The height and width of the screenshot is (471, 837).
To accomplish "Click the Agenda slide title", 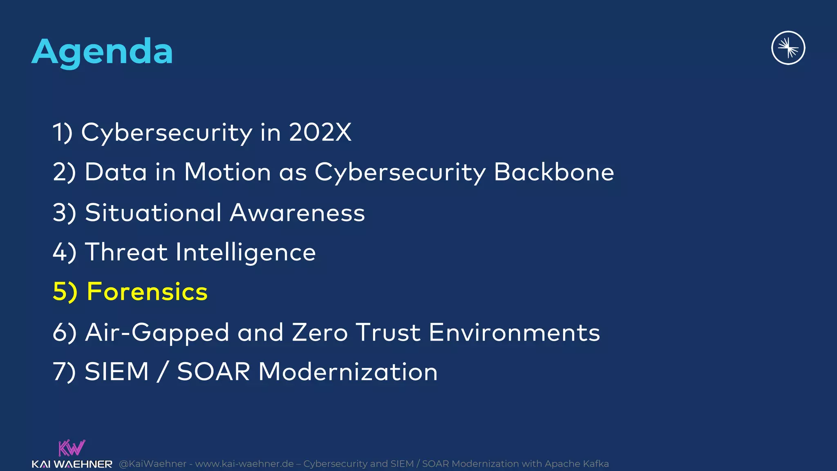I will click(102, 52).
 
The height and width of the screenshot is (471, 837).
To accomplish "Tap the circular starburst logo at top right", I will click(788, 48).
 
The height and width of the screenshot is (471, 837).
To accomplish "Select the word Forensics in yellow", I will click(147, 292).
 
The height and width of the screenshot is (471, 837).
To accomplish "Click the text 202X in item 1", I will click(320, 132).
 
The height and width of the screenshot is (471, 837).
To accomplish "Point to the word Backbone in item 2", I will click(554, 172).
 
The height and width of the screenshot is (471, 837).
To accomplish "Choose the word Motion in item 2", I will click(228, 172).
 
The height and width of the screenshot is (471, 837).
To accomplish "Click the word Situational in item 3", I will click(153, 213).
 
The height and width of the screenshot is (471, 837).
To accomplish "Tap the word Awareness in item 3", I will click(298, 213).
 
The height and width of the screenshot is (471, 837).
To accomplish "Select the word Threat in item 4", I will click(126, 252).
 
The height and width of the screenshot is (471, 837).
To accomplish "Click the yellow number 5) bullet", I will click(65, 292).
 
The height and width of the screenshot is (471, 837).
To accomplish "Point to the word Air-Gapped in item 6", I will click(157, 333).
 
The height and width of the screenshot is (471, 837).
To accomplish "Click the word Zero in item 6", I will click(320, 332).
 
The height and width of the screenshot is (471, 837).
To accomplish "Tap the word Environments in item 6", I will click(515, 332).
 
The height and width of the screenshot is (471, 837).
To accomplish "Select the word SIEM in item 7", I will click(117, 372).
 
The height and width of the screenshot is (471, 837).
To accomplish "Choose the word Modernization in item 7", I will click(348, 372).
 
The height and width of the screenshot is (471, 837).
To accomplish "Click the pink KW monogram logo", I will click(72, 448).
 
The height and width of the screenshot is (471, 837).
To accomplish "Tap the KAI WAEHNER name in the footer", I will click(72, 464).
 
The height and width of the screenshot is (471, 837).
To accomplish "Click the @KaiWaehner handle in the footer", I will click(152, 464).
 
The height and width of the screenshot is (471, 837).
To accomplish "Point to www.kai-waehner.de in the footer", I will click(244, 464).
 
